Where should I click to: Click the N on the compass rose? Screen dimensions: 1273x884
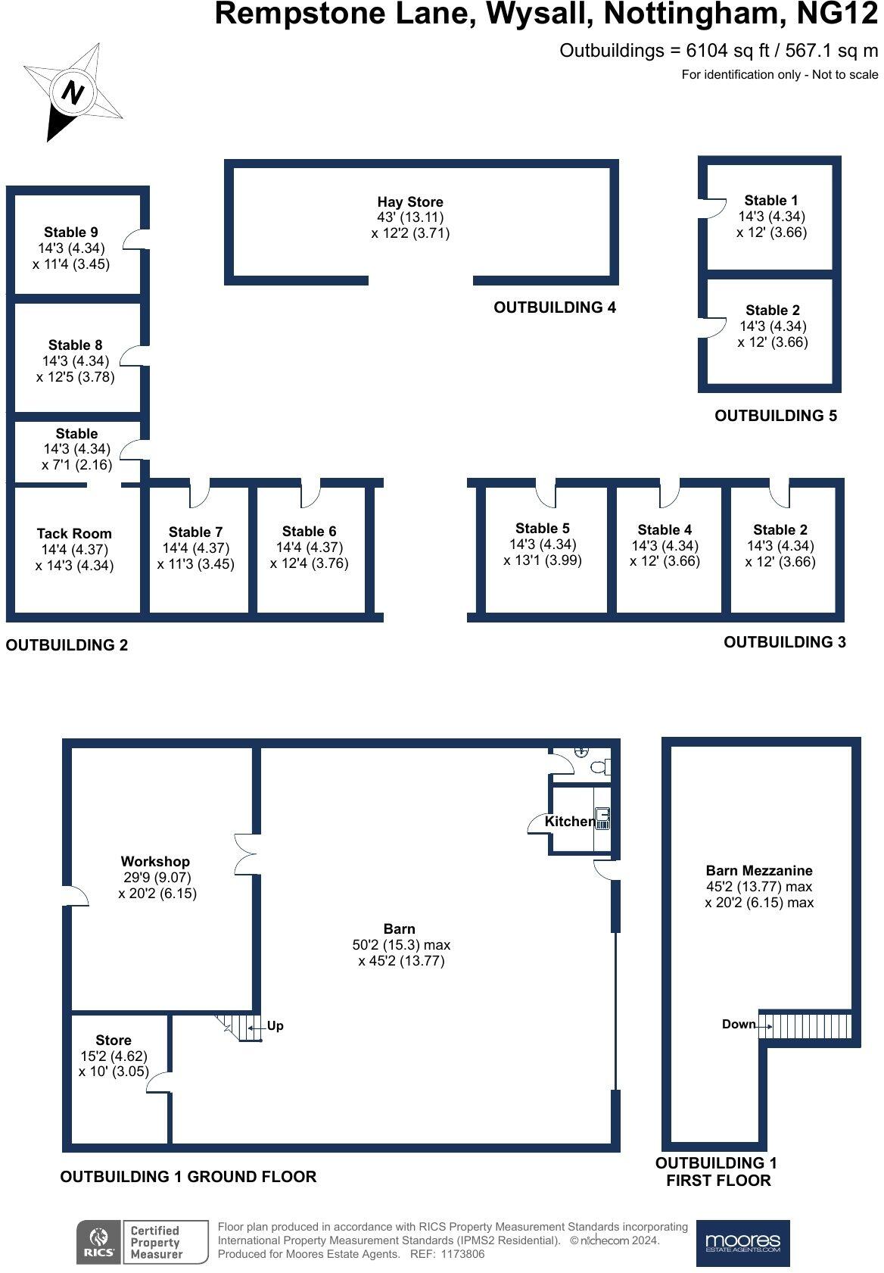click(x=73, y=93)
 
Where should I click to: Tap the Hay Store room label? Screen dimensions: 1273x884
click(x=410, y=202)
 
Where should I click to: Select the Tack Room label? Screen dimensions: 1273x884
click(x=74, y=534)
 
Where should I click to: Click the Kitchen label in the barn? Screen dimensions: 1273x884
click(x=569, y=822)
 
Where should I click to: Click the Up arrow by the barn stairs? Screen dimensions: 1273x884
click(x=274, y=1026)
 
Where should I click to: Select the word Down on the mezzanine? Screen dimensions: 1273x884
click(x=739, y=1025)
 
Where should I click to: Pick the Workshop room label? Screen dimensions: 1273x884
click(x=155, y=862)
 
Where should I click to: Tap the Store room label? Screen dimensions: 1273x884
click(x=114, y=1041)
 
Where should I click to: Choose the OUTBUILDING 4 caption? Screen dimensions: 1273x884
click(x=555, y=307)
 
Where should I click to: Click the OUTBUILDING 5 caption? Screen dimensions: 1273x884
click(x=776, y=416)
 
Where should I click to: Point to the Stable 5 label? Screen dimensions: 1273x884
click(x=543, y=529)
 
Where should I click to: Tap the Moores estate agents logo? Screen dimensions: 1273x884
click(x=742, y=1243)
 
